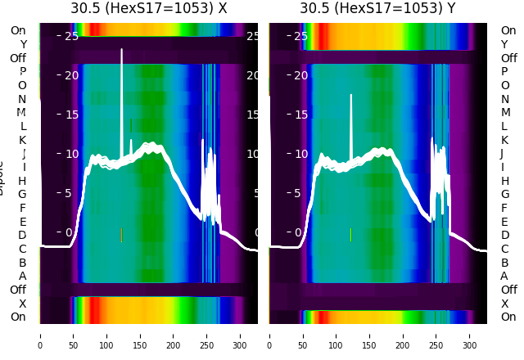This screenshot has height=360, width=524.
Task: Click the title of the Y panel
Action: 379,9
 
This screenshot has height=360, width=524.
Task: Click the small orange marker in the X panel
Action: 121,235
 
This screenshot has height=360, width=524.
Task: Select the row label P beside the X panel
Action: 23,72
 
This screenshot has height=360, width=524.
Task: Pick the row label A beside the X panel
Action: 23,276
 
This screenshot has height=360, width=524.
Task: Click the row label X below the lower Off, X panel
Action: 23,304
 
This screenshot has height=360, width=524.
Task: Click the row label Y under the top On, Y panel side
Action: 504,44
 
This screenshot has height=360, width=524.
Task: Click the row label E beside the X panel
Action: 23,222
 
